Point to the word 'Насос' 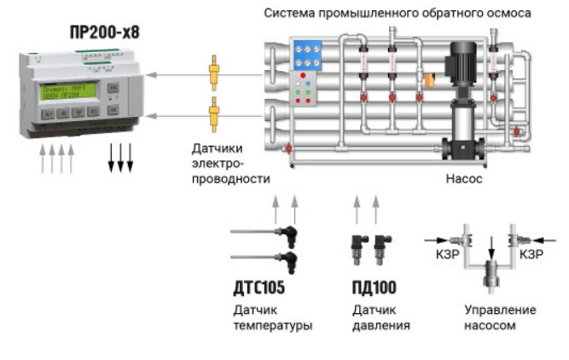464,179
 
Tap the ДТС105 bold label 258,287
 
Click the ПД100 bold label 374,287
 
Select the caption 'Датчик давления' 381,317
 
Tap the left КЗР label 444,254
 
